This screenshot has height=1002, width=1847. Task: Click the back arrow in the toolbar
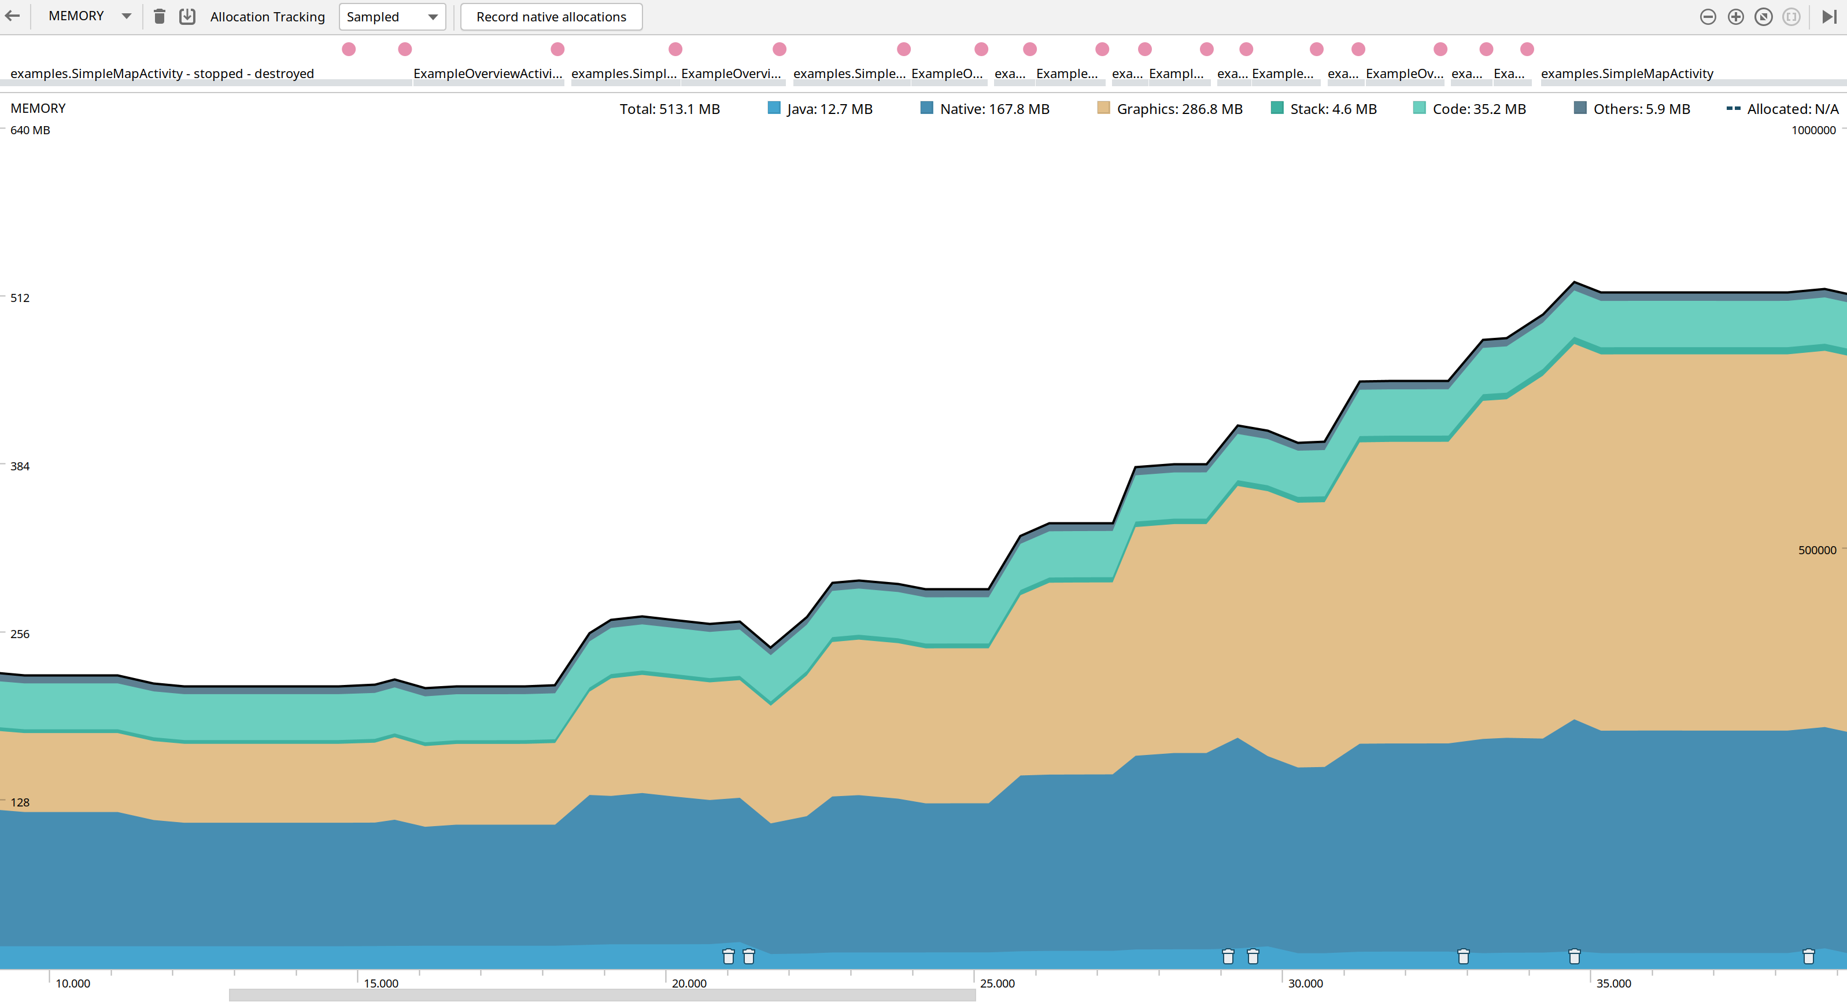pyautogui.click(x=12, y=16)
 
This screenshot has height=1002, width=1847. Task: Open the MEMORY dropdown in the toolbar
pyautogui.click(x=89, y=16)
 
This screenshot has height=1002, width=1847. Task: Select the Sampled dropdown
pyautogui.click(x=391, y=17)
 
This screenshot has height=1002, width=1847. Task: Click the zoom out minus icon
pyautogui.click(x=1708, y=17)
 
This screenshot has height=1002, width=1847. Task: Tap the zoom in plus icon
pyautogui.click(x=1735, y=17)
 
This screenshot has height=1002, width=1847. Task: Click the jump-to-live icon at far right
pyautogui.click(x=1829, y=17)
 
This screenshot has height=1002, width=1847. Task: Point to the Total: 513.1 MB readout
pyautogui.click(x=669, y=109)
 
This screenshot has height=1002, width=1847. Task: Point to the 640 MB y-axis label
pyautogui.click(x=30, y=130)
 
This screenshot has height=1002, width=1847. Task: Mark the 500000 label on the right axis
pyautogui.click(x=1817, y=550)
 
